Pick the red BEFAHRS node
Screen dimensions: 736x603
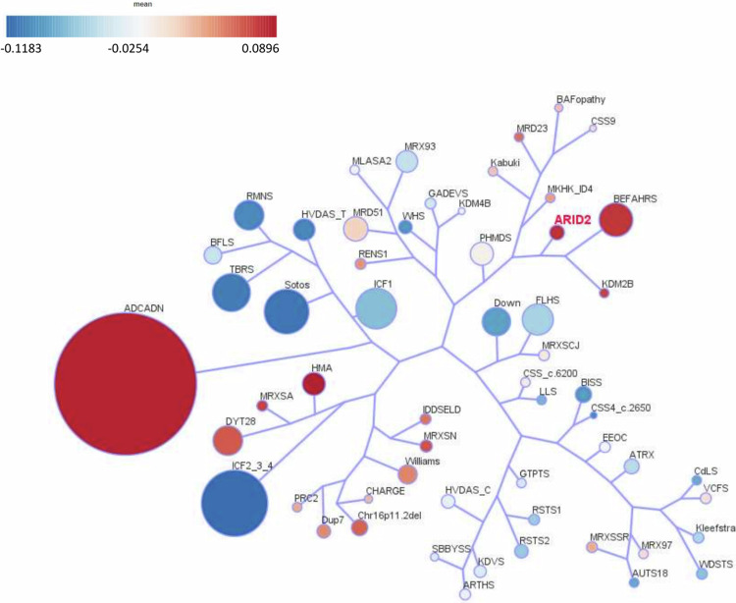[x=618, y=222]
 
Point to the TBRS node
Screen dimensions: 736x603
[x=233, y=293]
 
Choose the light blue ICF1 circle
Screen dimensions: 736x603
[x=376, y=311]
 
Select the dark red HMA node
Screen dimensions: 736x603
[x=313, y=382]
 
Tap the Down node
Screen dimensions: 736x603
[x=499, y=322]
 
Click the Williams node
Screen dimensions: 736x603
[x=407, y=474]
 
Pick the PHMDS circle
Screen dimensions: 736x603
[x=481, y=253]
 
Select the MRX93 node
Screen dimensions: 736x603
[x=407, y=162]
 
